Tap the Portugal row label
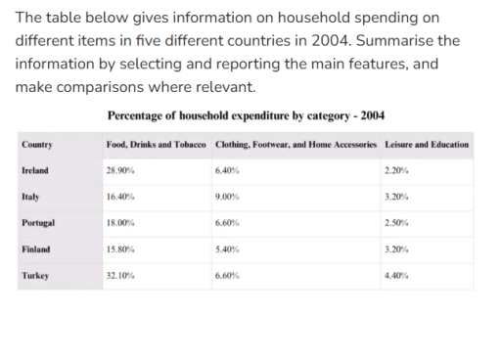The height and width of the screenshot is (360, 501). click(x=37, y=223)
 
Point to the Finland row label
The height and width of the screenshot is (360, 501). click(x=35, y=249)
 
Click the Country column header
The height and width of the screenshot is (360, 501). click(x=36, y=145)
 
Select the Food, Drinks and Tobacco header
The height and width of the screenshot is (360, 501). click(x=156, y=145)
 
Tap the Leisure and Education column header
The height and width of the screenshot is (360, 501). click(x=427, y=145)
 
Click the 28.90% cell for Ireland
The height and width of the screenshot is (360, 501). click(x=119, y=170)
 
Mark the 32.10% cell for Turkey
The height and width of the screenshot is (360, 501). click(x=119, y=276)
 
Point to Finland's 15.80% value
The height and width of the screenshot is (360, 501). click(x=119, y=249)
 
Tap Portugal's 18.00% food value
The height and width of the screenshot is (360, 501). click(x=119, y=223)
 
